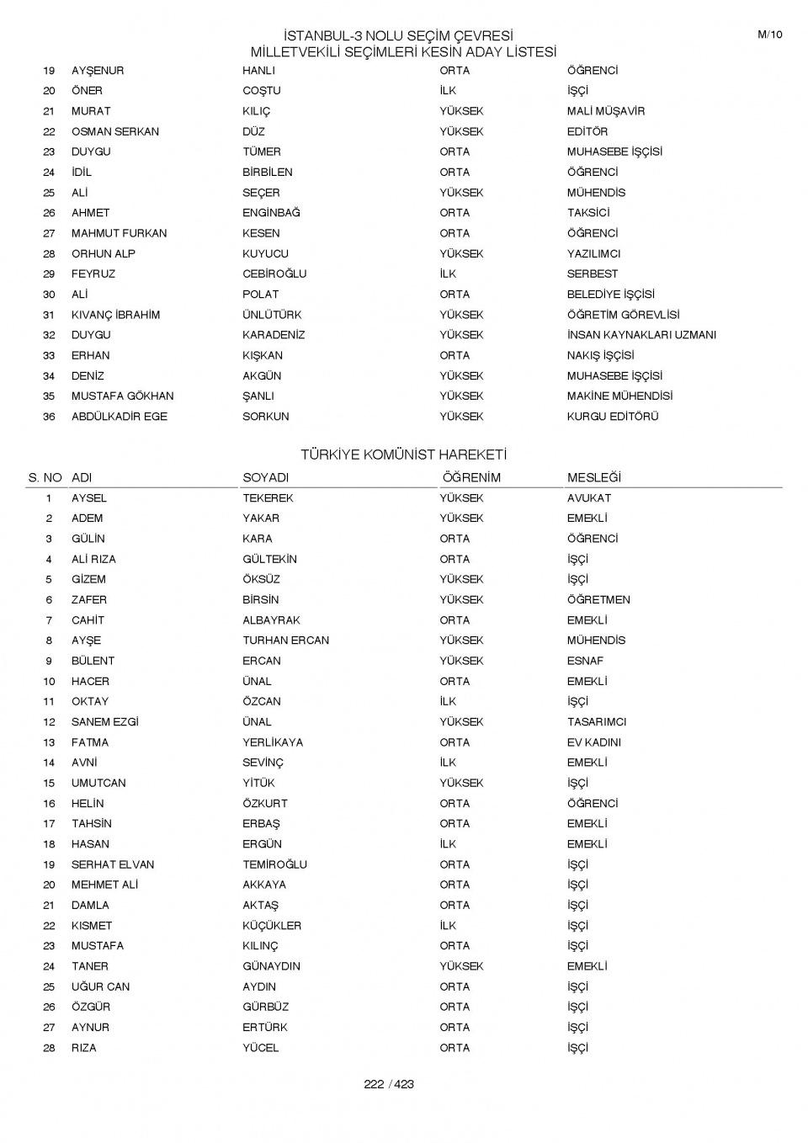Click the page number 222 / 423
[x=389, y=1084]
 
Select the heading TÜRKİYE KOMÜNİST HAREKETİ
[x=404, y=455]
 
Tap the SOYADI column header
[x=265, y=477]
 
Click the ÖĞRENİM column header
[x=471, y=477]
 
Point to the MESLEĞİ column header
[x=593, y=477]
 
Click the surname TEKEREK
[x=268, y=498]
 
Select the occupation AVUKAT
[x=589, y=498]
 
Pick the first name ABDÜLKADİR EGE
[x=120, y=417]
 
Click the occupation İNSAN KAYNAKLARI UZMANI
[x=641, y=335]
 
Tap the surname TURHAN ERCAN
[x=286, y=641]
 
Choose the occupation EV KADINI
[x=594, y=742]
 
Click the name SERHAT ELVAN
[x=113, y=864]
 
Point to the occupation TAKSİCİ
[x=588, y=213]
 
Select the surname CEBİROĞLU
[x=274, y=274]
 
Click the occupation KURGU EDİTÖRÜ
[x=613, y=417]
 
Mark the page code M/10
[x=770, y=35]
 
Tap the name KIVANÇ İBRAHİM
[x=115, y=315]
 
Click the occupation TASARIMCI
[x=597, y=722]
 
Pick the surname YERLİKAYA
[x=273, y=742]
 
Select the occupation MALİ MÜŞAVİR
[x=606, y=111]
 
